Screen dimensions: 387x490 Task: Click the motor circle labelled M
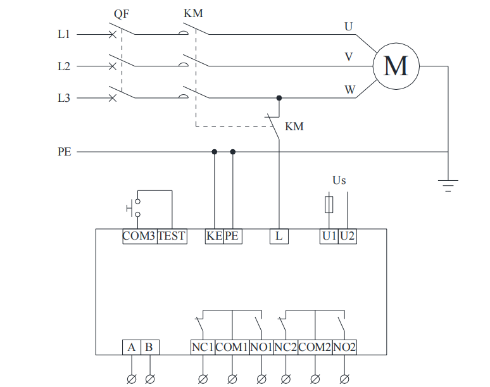click(396, 66)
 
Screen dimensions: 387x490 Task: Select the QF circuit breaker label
click(122, 13)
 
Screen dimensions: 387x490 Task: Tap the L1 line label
click(64, 34)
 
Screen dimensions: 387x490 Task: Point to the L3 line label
click(64, 98)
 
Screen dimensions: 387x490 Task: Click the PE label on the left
click(65, 152)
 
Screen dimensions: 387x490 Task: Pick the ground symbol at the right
click(448, 185)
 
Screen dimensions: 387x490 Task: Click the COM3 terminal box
click(139, 236)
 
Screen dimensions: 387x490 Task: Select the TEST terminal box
click(172, 236)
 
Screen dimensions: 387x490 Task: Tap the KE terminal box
click(214, 236)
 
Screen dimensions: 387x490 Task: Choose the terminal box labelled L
click(279, 236)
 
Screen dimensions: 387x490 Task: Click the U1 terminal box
click(329, 236)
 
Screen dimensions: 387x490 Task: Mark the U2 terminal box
click(348, 236)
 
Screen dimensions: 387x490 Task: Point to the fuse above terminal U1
click(329, 205)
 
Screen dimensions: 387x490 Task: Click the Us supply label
click(339, 180)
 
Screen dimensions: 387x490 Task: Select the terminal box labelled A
click(131, 347)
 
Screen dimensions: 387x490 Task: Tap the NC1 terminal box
click(203, 347)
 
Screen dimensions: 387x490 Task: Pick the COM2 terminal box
click(315, 347)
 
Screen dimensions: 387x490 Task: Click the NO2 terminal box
click(344, 347)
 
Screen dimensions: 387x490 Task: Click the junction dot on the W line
click(279, 98)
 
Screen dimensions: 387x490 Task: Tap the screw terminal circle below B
click(150, 379)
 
